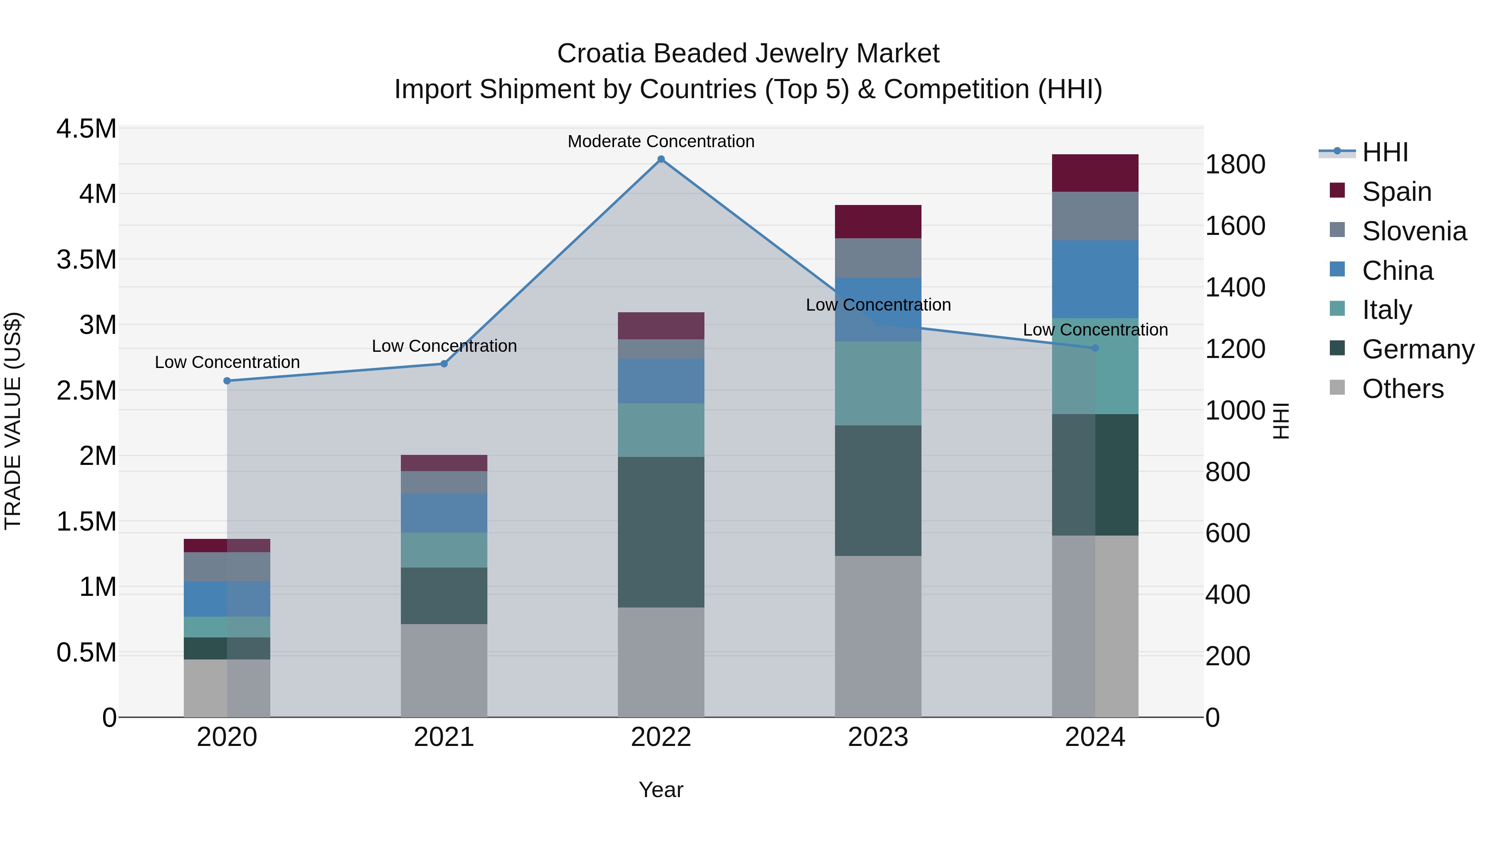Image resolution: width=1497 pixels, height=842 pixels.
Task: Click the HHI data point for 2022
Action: point(661,159)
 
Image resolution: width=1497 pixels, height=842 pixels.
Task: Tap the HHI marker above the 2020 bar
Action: point(227,380)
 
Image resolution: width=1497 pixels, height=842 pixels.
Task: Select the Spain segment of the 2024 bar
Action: point(1095,173)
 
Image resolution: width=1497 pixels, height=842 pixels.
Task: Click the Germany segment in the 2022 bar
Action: point(661,532)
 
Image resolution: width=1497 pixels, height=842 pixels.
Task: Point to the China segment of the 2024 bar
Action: point(1095,279)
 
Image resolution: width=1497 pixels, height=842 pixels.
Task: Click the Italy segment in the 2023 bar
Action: point(878,383)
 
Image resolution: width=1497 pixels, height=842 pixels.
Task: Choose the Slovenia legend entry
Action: point(1413,231)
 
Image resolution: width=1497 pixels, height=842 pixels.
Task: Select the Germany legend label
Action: point(1418,349)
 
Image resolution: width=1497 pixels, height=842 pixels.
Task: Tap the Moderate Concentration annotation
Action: point(661,142)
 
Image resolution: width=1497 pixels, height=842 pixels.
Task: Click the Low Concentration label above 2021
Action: point(444,346)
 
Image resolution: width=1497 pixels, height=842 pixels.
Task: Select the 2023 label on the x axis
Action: point(878,737)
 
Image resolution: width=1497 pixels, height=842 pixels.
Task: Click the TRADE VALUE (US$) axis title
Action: point(13,421)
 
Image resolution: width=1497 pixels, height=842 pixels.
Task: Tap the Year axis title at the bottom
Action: point(661,790)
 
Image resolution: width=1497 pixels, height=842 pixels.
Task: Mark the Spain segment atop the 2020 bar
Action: point(227,546)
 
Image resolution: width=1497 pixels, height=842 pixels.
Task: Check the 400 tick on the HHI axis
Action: point(1228,595)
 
